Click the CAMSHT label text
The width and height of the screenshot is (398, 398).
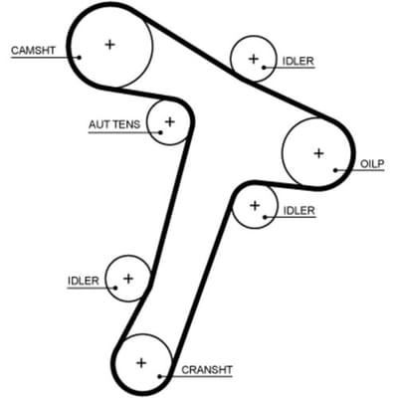[x=33, y=51]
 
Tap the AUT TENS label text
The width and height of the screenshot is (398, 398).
[x=114, y=124]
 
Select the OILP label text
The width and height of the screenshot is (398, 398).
[x=372, y=163]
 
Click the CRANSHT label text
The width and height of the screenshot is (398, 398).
[x=207, y=370]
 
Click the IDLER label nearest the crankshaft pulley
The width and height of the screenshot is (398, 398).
[x=84, y=281]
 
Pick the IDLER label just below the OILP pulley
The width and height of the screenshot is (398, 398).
[x=299, y=210]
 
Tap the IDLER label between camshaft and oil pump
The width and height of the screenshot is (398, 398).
[x=298, y=61]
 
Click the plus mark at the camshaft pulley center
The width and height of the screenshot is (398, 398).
[x=109, y=44]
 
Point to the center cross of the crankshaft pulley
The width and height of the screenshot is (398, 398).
[x=141, y=363]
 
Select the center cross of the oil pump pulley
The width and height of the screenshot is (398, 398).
[x=318, y=153]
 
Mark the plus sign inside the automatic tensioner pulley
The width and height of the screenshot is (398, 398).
[x=170, y=121]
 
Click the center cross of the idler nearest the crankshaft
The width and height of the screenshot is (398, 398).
[x=128, y=279]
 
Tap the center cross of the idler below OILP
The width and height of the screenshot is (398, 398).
[x=255, y=206]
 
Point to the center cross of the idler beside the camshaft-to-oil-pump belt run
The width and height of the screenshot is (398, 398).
[x=254, y=59]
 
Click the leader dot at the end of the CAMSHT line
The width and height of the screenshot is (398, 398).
[x=80, y=57]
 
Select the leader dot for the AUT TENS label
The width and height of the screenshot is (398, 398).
[x=160, y=132]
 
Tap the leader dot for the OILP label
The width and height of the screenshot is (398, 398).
[x=335, y=170]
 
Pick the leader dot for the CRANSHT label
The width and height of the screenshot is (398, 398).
[x=159, y=376]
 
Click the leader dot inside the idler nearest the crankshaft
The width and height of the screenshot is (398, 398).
[x=115, y=288]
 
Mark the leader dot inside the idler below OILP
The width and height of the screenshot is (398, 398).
[x=265, y=217]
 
